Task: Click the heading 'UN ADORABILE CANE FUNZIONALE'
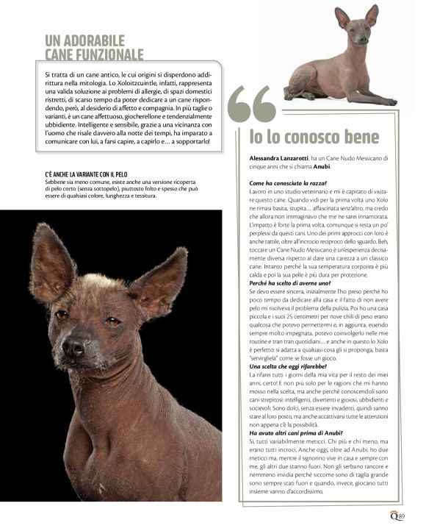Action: [x=94, y=47]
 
